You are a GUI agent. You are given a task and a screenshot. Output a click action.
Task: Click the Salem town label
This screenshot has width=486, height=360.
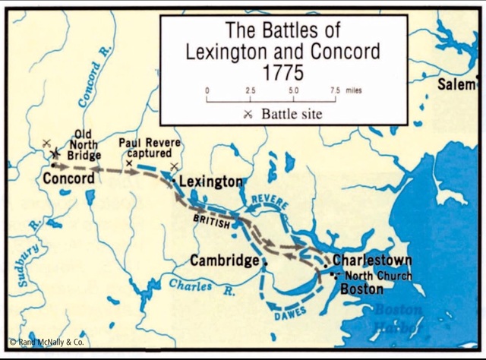[456, 85]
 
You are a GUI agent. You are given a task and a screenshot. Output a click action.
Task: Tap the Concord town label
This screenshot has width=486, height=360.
[68, 179]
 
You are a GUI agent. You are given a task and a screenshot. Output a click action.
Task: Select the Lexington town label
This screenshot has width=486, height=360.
[210, 182]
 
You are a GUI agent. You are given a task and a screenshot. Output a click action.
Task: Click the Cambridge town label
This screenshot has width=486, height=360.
[224, 261]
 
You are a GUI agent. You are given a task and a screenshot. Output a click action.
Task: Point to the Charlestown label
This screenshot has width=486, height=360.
[372, 259]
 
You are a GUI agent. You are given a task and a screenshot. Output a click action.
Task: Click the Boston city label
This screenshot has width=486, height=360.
[361, 289]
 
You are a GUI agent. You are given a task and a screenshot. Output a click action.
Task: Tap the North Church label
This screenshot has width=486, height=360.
[378, 276]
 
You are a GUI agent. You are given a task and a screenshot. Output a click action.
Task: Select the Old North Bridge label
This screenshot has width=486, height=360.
[83, 144]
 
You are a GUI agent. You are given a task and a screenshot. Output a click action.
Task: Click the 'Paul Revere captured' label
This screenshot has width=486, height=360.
[149, 147]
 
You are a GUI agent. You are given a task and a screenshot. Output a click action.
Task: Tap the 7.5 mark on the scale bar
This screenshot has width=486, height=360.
[334, 90]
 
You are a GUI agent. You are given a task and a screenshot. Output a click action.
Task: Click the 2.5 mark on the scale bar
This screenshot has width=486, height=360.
[250, 90]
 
